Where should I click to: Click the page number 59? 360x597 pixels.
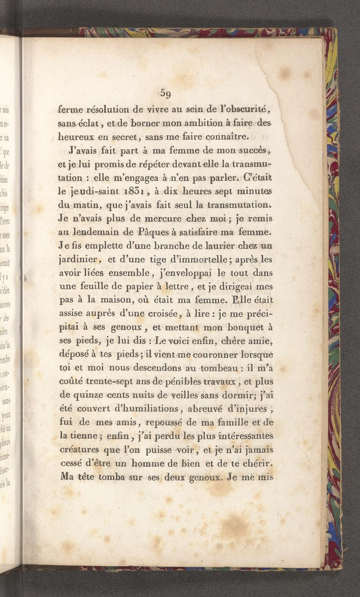166,93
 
